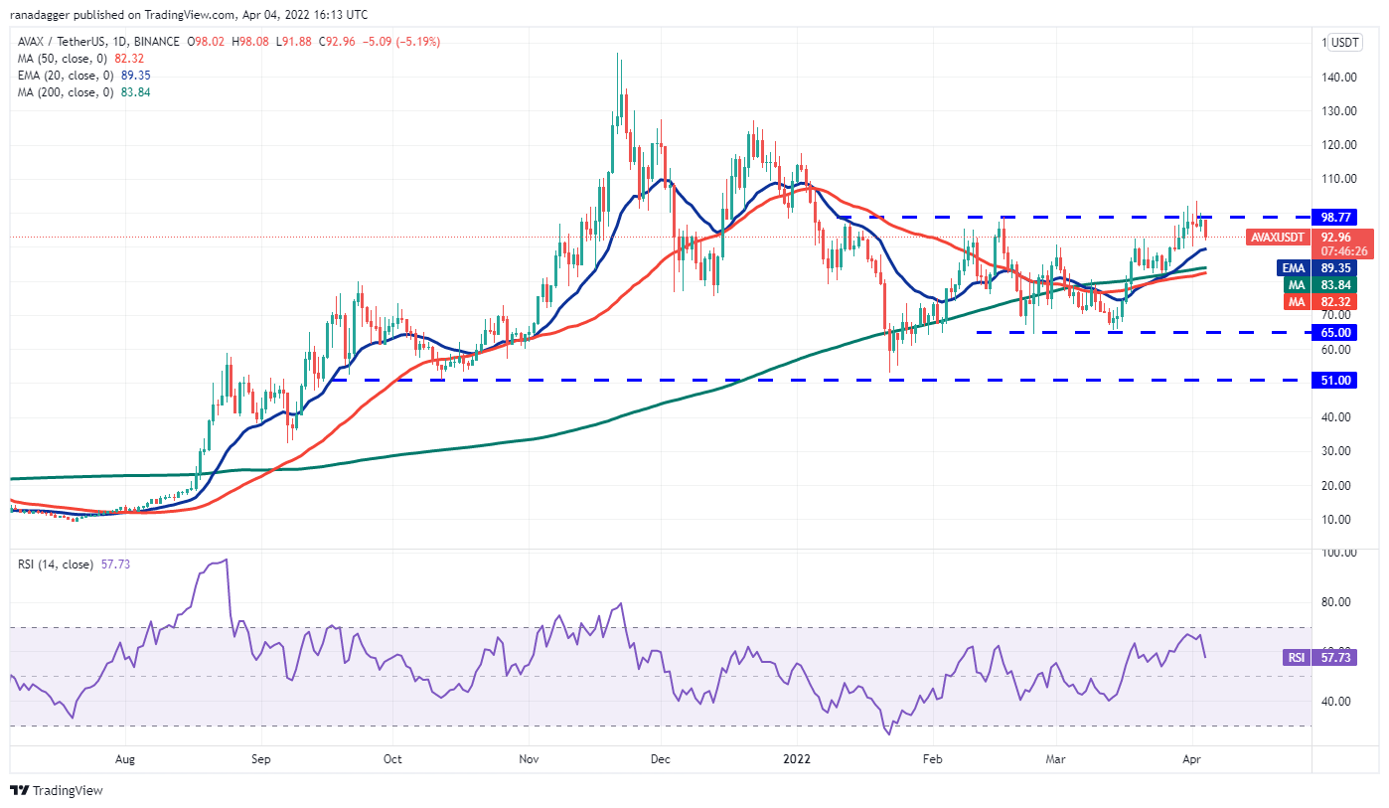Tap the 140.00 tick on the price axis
[1338, 77]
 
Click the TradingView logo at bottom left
[57, 791]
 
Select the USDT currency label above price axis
[1345, 42]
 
